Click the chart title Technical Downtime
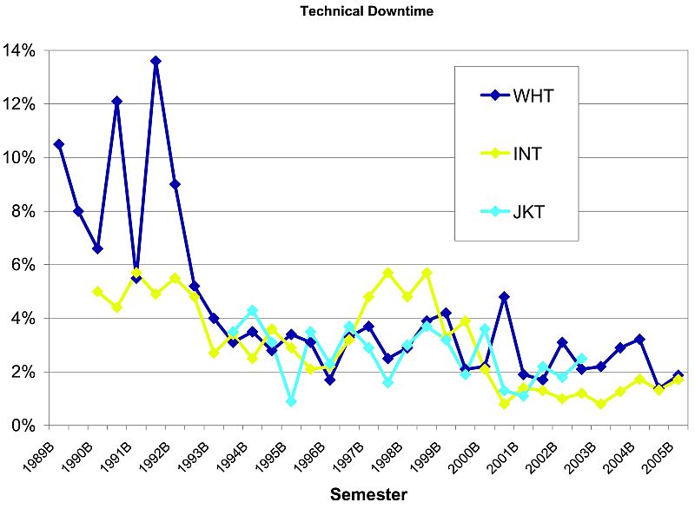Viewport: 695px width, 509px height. click(347, 11)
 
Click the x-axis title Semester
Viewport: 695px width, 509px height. click(367, 495)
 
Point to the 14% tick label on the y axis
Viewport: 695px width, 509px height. click(19, 50)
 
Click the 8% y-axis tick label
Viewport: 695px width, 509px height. click(23, 211)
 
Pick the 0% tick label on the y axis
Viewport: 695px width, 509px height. click(23, 426)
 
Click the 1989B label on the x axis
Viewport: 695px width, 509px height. click(38, 453)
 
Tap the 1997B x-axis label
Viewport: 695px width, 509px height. click(347, 453)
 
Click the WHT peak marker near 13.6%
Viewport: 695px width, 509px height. click(156, 61)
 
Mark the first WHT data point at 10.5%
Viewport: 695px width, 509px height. click(58, 144)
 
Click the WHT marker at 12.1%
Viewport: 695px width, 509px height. click(116, 101)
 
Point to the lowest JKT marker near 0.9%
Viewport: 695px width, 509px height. click(291, 401)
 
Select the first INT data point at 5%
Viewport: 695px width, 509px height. click(97, 292)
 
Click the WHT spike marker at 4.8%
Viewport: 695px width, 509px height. click(504, 297)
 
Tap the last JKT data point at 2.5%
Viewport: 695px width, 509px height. click(581, 359)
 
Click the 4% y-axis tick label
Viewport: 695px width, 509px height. click(23, 319)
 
